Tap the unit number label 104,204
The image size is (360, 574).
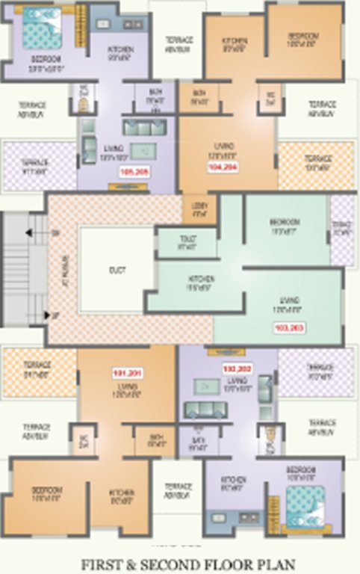(223, 167)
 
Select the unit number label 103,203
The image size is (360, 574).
(289, 327)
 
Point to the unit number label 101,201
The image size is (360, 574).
(126, 371)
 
